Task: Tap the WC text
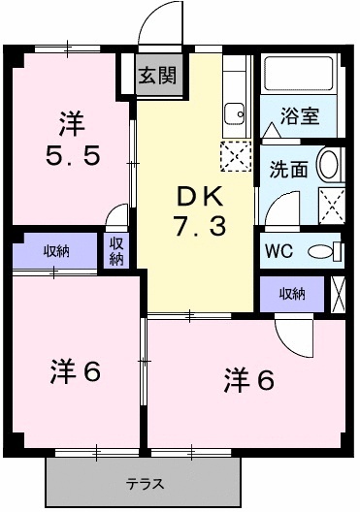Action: click(x=278, y=250)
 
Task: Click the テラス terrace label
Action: click(x=143, y=483)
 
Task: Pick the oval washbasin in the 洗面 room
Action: click(x=330, y=165)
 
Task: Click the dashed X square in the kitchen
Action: click(x=234, y=152)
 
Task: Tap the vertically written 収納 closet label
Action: click(x=115, y=252)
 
